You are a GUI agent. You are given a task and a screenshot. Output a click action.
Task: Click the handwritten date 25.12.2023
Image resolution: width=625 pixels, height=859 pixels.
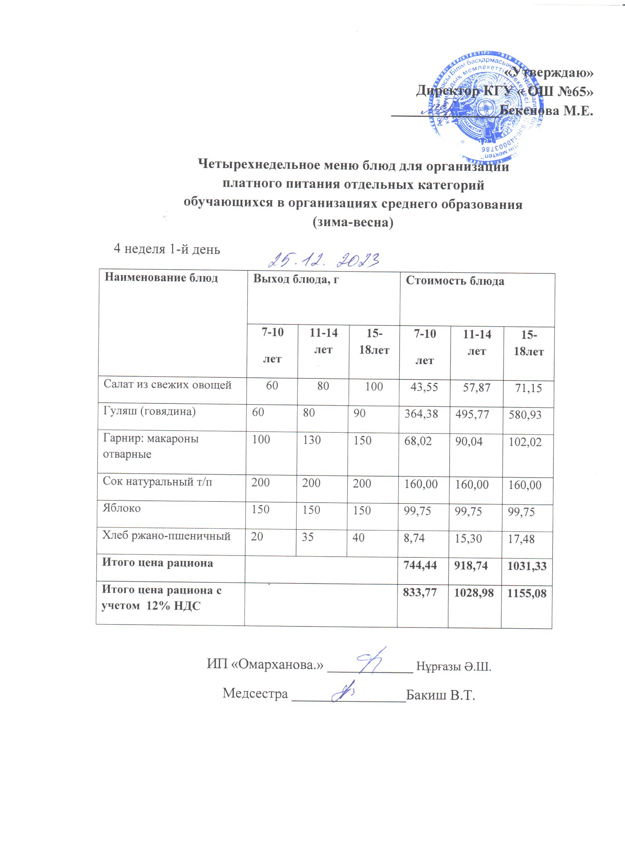(x=324, y=260)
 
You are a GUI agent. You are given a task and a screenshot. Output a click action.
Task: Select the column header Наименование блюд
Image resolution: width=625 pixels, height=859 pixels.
(x=161, y=278)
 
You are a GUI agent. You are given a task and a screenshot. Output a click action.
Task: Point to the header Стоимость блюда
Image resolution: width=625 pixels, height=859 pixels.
(x=455, y=281)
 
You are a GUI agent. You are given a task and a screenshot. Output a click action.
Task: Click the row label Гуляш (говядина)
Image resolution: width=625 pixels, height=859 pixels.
(x=149, y=411)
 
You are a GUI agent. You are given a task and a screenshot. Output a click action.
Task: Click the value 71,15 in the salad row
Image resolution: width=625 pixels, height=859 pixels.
(x=528, y=388)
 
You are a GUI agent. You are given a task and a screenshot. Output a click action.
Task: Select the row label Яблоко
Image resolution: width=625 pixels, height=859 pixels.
(x=122, y=508)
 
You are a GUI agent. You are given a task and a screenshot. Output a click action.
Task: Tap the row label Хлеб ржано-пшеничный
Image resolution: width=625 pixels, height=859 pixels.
(x=167, y=536)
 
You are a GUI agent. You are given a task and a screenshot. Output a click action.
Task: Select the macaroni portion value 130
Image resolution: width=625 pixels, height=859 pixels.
(x=311, y=440)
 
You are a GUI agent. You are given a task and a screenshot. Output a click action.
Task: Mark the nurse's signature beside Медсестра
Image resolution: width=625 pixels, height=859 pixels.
(x=343, y=691)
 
